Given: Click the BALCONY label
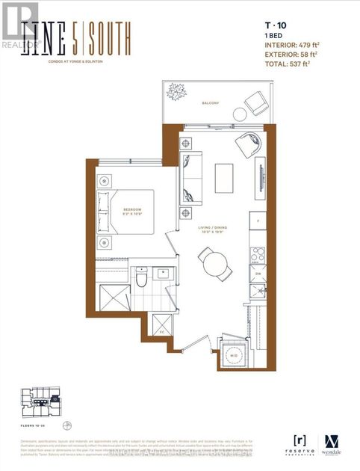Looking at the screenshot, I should (210, 103).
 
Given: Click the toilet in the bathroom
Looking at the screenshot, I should (140, 278).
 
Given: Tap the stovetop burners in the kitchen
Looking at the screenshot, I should (258, 254).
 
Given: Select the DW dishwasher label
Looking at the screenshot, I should (258, 274).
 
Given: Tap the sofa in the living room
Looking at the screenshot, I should (190, 179).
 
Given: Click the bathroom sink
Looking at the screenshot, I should (162, 274).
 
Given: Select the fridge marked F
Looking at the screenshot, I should (258, 222).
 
